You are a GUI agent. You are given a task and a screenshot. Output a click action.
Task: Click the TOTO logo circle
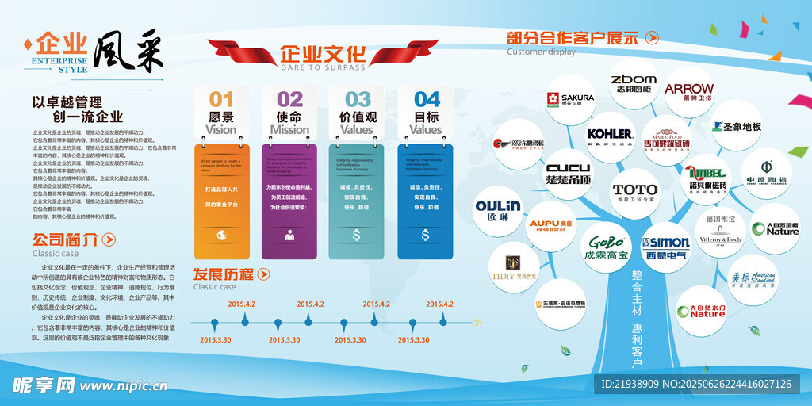click(635, 193)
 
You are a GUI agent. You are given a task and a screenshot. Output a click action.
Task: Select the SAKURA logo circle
click(569, 100)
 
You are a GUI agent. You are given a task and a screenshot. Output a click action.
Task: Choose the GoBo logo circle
click(607, 246)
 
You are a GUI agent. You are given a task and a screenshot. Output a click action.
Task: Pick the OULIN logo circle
click(498, 211)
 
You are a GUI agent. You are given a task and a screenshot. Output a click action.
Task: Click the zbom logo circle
click(634, 83)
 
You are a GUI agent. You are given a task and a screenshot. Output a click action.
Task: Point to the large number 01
click(221, 99)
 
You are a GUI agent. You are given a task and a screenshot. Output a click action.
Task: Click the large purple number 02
click(289, 99)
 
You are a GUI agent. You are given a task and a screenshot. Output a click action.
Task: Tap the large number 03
click(358, 99)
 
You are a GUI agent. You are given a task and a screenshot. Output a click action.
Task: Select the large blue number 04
click(427, 99)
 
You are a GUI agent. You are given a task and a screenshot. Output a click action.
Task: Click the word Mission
click(289, 130)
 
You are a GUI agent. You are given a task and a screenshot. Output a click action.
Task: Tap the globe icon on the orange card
click(221, 235)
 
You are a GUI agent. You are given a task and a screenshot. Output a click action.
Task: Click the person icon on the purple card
click(289, 235)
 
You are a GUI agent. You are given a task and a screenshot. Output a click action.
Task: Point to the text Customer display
click(541, 52)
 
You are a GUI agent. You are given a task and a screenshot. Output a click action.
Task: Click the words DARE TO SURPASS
click(323, 67)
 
